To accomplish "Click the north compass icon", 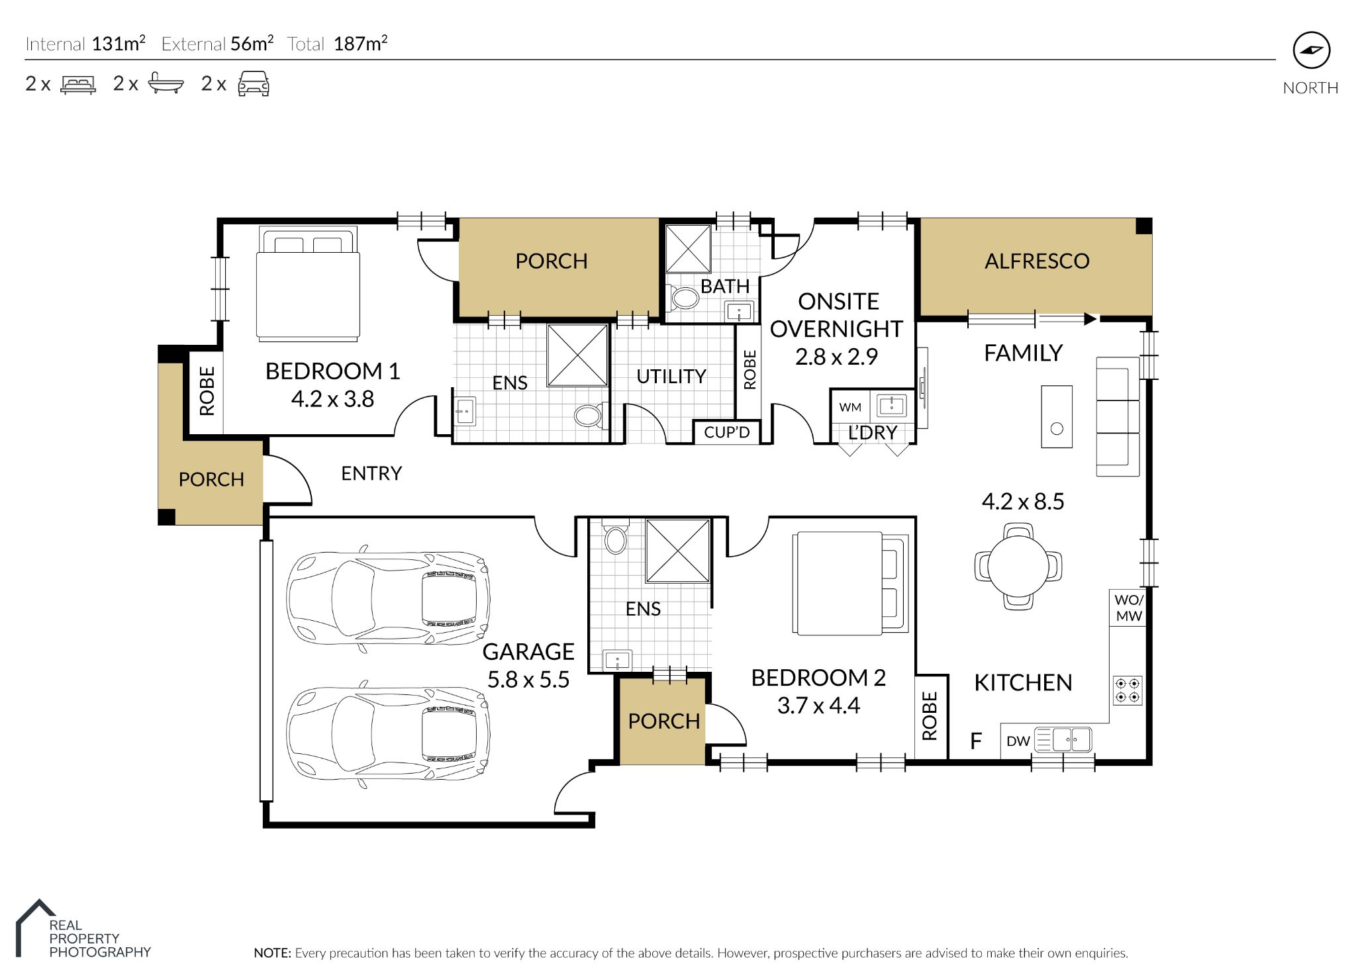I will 1311,50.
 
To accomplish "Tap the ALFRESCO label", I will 1036,261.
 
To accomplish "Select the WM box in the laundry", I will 850,407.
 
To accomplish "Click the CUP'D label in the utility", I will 726,432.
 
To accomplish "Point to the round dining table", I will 1018,567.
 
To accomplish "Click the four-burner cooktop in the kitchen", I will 1128,690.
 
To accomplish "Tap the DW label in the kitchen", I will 1018,741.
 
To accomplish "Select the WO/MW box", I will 1128,608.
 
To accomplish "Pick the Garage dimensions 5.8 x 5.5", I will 528,680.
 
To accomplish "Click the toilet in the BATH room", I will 685,297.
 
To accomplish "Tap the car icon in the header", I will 254,84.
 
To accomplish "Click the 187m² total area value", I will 360,44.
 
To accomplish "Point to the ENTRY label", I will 371,473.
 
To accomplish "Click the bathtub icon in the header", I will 165,84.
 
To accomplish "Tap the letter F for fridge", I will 975,741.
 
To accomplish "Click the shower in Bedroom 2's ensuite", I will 677,551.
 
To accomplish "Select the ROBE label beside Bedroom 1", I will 207,391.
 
